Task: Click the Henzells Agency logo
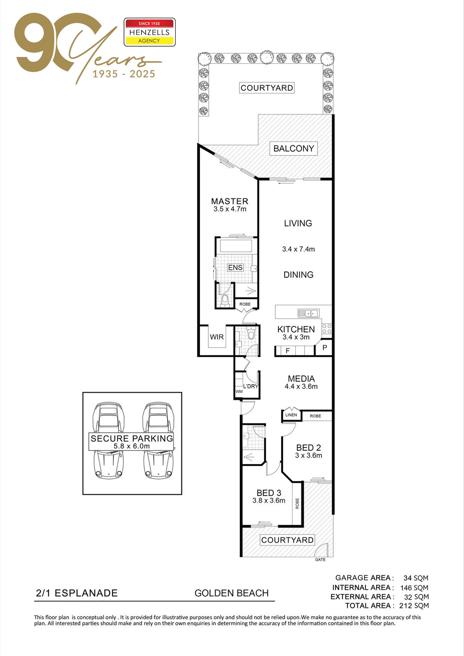click(x=149, y=32)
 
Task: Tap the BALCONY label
click(x=294, y=148)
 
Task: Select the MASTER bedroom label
click(x=230, y=201)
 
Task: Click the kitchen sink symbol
click(x=309, y=313)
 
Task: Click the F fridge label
click(x=288, y=351)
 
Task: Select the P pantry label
click(x=324, y=347)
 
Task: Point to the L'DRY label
click(x=251, y=386)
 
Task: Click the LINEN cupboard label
click(x=291, y=415)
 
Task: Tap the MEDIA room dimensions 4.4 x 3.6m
click(x=301, y=387)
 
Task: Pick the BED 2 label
click(x=309, y=447)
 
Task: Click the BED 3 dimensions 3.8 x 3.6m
click(x=269, y=500)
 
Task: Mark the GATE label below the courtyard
click(x=320, y=560)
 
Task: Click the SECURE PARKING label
click(x=132, y=438)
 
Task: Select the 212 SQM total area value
click(x=414, y=606)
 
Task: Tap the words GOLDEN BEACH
click(x=232, y=593)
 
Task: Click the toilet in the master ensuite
click(x=225, y=301)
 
